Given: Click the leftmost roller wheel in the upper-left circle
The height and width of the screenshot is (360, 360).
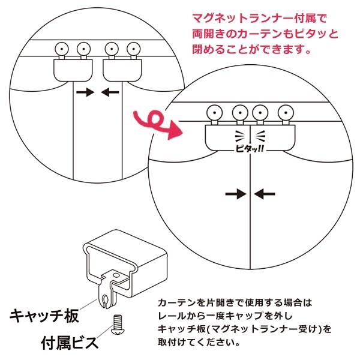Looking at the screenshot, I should pos(61,48).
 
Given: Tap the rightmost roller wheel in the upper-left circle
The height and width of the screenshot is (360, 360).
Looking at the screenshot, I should pos(133,48).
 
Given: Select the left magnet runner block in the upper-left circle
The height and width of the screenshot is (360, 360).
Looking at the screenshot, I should pos(73,70).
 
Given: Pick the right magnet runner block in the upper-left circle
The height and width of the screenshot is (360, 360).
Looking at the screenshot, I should pos(122,70).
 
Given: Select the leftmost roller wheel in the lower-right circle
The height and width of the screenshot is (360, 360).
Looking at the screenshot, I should pos(213,112).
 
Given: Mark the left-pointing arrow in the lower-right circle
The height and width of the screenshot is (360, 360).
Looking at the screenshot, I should pos(264,193).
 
